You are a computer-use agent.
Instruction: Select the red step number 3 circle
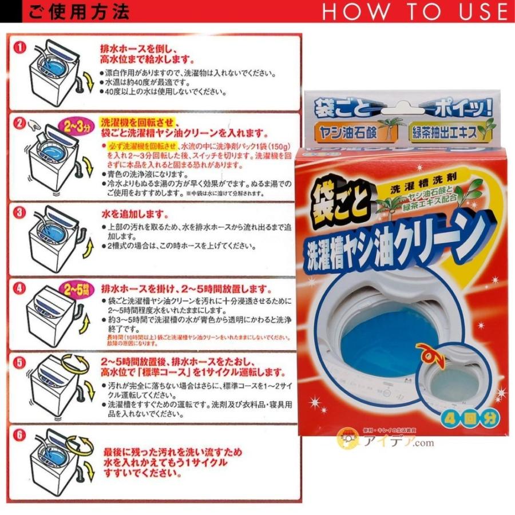[21, 212]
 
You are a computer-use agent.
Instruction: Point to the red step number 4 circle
[21, 288]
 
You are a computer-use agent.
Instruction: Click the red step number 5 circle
[21, 362]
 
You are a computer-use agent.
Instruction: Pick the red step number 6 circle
[21, 435]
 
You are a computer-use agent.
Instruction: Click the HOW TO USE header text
[414, 11]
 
